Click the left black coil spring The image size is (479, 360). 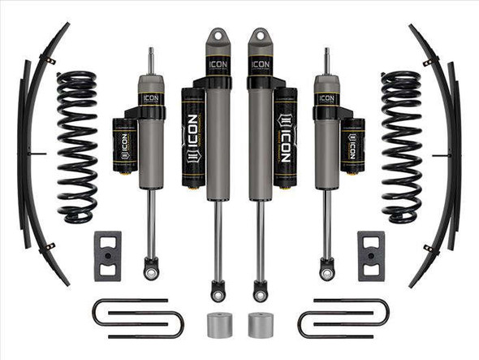tap(76, 146)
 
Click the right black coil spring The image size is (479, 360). tap(401, 146)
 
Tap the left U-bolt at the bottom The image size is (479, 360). tap(136, 318)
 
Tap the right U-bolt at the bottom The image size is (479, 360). tap(343, 318)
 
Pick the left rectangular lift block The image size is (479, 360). tap(108, 255)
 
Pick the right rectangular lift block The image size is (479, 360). tap(370, 255)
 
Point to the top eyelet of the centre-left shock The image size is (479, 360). tap(218, 38)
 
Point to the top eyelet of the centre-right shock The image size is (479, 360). tap(261, 38)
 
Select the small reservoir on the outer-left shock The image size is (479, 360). tap(125, 145)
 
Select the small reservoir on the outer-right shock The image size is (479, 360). tap(353, 145)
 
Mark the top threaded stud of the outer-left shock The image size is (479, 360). tap(151, 60)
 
